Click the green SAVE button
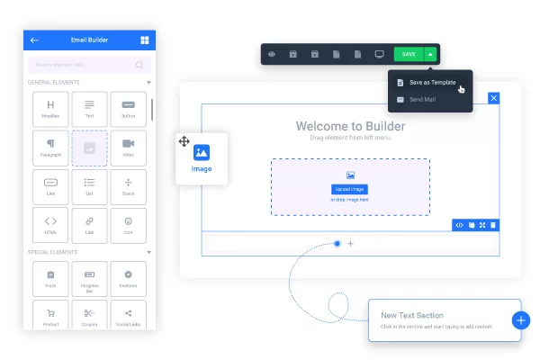(409, 54)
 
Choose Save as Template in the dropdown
(432, 82)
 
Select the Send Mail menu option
(422, 99)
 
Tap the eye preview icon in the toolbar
(273, 54)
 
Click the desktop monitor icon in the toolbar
(379, 54)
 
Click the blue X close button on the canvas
(493, 97)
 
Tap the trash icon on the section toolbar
(492, 224)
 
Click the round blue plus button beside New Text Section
(520, 319)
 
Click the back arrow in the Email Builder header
(34, 40)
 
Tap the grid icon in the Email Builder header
(144, 40)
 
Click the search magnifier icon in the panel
(139, 65)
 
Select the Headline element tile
(50, 109)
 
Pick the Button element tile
(128, 109)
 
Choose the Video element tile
(128, 148)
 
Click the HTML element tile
(50, 224)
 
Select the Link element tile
(89, 224)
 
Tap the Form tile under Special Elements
(50, 278)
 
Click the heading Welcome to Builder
(350, 126)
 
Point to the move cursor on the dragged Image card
(184, 141)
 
